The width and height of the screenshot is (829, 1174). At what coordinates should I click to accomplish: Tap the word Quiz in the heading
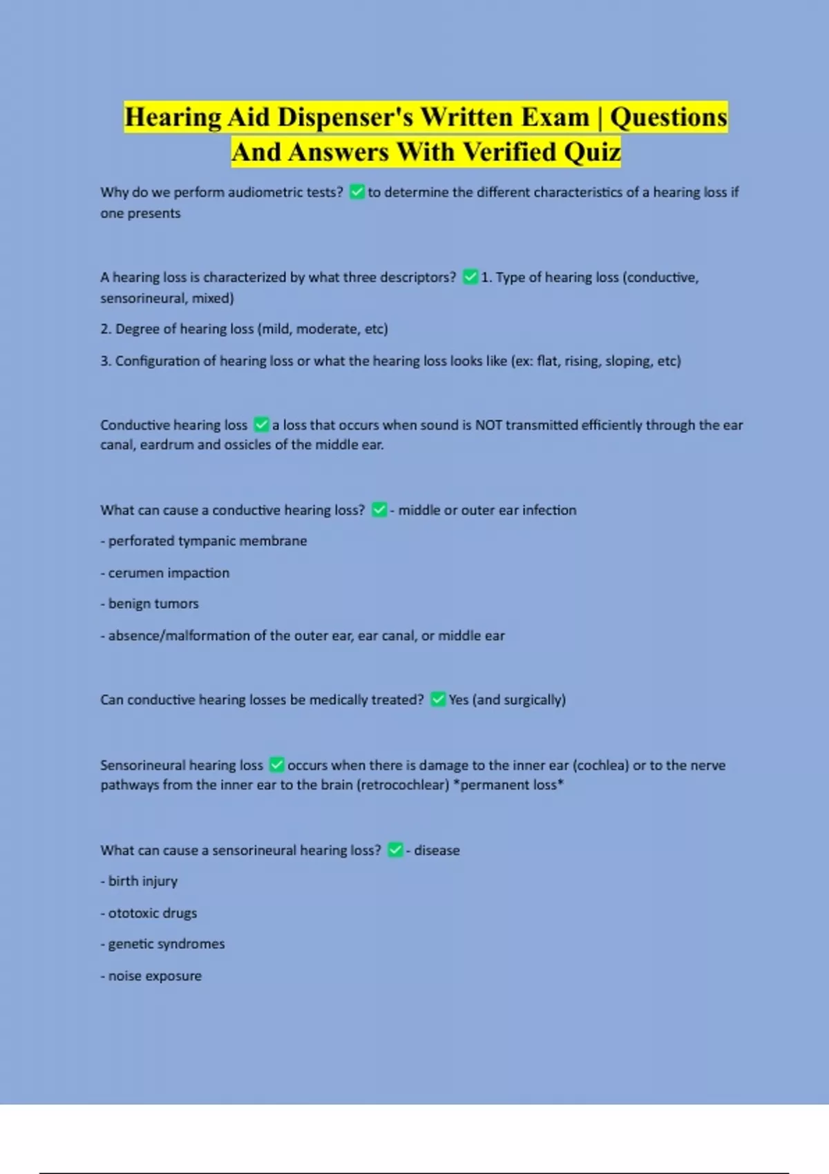592,153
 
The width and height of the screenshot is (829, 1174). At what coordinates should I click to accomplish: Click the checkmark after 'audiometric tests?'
357,192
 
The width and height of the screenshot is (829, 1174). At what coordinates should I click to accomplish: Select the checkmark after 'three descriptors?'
470,277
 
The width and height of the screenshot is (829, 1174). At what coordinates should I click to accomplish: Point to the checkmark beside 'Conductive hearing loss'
261,424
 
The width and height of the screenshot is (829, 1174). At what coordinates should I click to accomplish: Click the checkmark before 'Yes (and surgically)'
438,700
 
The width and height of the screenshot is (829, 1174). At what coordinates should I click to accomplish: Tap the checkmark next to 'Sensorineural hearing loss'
277,764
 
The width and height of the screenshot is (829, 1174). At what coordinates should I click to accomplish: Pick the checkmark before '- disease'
395,850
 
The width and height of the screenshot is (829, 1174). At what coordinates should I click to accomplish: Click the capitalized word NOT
488,425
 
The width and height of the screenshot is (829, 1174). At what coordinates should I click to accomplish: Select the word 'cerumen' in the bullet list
136,573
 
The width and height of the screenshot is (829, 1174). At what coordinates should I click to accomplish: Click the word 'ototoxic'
133,913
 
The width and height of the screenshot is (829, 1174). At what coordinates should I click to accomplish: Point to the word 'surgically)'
535,700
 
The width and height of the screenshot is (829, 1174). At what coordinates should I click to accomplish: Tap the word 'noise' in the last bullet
124,976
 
